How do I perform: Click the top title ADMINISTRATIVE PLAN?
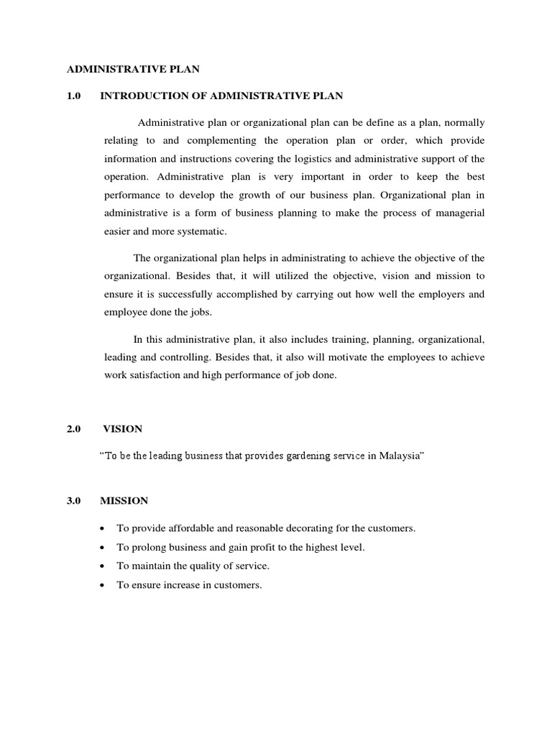click(x=133, y=70)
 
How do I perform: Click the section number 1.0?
click(x=75, y=96)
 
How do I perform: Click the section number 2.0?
click(x=75, y=429)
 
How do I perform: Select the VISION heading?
click(x=122, y=429)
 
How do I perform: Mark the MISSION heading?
click(x=125, y=502)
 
